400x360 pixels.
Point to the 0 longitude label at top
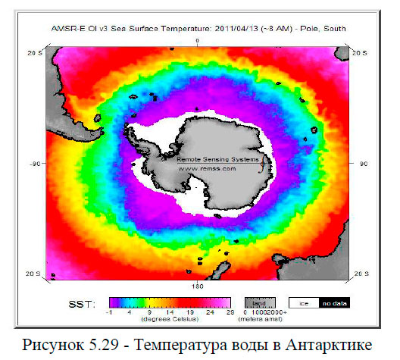point(197,39)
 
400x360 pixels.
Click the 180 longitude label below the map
point(196,287)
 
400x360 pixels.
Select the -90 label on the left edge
point(35,163)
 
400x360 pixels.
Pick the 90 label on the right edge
point(362,163)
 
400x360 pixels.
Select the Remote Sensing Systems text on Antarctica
point(218,160)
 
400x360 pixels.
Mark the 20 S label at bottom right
point(361,273)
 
